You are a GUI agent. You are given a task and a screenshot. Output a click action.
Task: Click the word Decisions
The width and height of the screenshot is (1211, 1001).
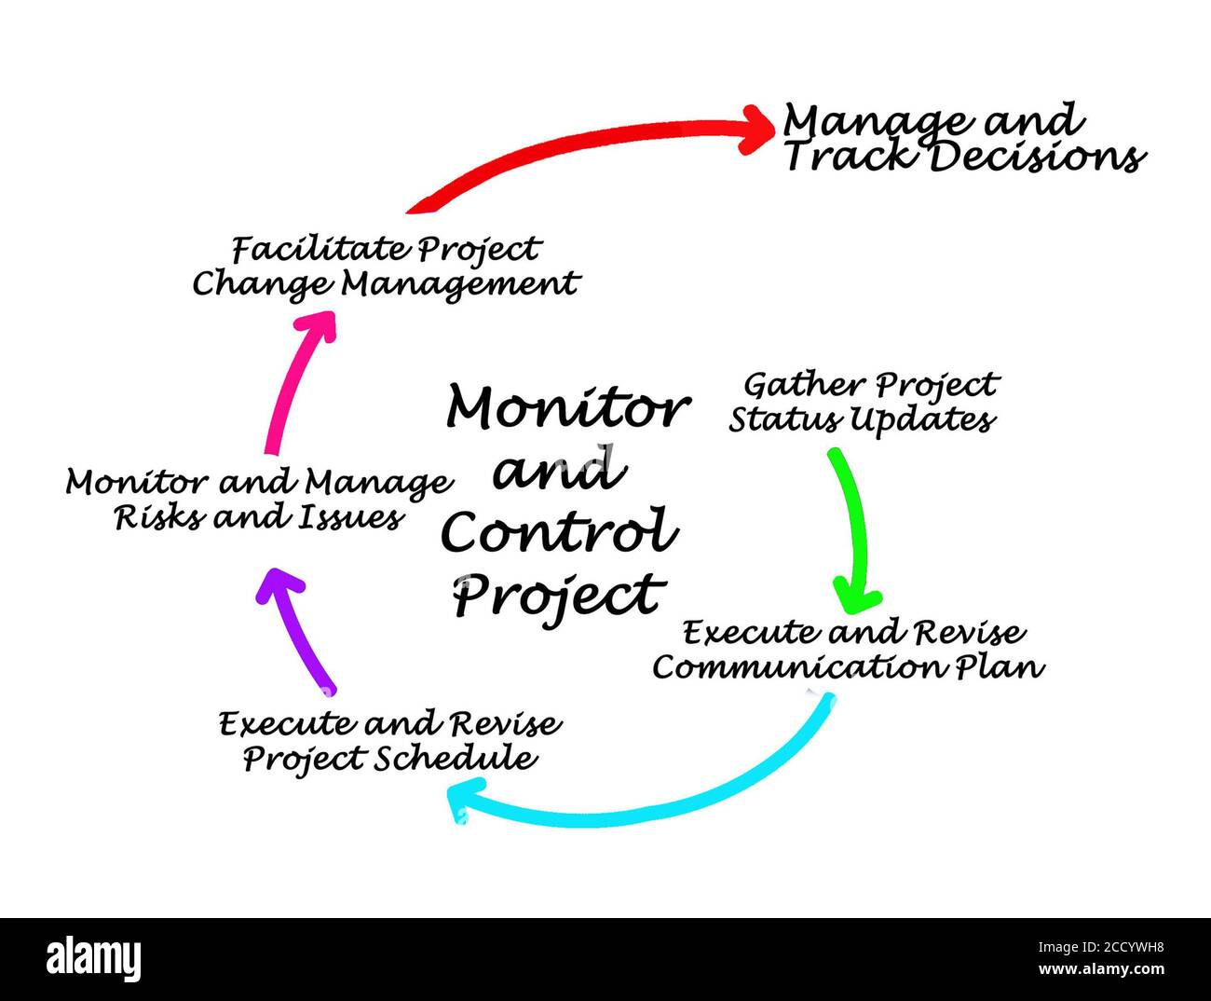coord(1038,157)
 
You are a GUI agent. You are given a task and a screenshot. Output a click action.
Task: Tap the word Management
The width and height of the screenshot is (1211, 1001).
coord(460,285)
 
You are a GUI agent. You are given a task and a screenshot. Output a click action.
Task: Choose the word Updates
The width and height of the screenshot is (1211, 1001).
coord(923,419)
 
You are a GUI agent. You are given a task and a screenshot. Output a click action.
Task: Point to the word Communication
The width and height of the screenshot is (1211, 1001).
coord(799,666)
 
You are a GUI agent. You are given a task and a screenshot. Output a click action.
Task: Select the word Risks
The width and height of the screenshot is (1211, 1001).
coord(160,517)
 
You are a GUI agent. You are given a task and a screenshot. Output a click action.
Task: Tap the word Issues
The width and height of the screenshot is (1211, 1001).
coord(350,517)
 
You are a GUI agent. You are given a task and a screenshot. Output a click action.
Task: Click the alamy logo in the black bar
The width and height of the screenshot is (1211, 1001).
coord(93,959)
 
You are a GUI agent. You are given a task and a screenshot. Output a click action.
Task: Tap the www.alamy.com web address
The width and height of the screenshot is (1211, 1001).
coord(1101,969)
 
